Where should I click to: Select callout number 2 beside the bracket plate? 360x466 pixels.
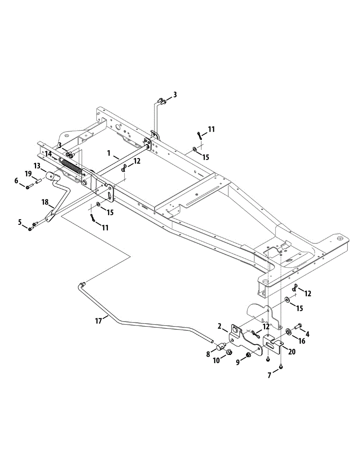[220, 326]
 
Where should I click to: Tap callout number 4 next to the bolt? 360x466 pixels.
[307, 334]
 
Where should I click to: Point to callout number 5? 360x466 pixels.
[20, 222]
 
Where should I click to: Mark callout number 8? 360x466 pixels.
[208, 353]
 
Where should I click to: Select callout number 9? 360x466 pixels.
[238, 361]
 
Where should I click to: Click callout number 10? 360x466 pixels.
[216, 361]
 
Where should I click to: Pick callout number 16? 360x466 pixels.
[302, 341]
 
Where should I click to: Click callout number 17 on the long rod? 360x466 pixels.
[99, 321]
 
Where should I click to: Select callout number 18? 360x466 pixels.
[45, 202]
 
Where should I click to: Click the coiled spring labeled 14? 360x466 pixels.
[72, 165]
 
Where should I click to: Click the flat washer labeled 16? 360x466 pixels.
[289, 332]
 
